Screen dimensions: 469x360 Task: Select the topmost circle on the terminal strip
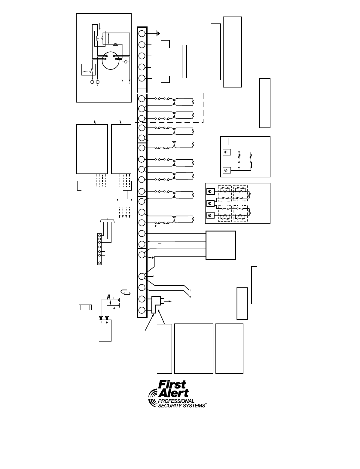142,33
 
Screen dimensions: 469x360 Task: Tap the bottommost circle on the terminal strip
142,310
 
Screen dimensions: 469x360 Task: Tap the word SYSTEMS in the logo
193,406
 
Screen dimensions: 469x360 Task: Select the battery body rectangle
105,330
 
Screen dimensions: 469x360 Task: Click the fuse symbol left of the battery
85,307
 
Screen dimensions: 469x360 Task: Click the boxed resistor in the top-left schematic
115,44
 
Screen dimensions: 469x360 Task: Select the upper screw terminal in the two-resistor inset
226,152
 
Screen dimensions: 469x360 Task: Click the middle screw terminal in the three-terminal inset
210,204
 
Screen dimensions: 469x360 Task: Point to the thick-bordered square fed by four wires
221,245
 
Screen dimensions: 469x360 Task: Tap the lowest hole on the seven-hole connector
99,263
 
